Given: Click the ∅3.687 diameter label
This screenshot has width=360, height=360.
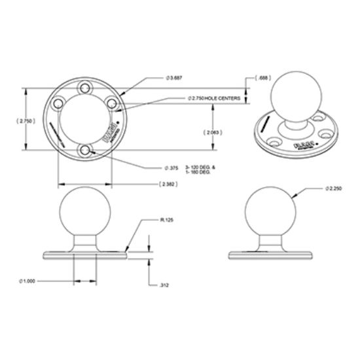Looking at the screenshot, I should (158, 77).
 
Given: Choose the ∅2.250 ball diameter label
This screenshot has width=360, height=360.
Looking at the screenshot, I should (335, 189).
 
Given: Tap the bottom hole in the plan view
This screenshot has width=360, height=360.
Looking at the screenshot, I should (84, 151).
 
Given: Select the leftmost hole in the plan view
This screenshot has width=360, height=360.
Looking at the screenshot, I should (58, 103).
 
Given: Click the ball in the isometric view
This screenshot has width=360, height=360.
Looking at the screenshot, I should (293, 95).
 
